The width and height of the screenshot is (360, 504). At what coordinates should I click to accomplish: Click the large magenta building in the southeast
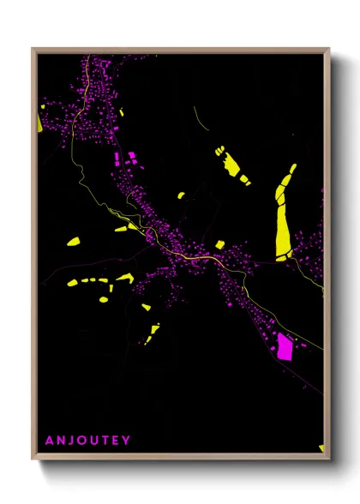[284, 347]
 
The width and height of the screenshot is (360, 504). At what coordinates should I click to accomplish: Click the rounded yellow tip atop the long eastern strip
[292, 169]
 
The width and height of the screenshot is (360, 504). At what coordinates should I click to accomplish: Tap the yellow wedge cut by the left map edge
[40, 121]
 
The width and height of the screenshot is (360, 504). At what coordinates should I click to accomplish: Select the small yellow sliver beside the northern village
[122, 112]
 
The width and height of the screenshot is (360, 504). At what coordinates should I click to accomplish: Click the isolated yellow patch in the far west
[73, 243]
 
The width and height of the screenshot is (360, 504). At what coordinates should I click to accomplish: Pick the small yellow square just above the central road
[219, 245]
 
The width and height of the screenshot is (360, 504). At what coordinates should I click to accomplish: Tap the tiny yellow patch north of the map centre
[181, 195]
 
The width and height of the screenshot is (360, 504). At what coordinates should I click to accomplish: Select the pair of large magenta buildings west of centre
[123, 160]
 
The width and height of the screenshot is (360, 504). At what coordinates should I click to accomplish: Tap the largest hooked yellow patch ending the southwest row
[124, 278]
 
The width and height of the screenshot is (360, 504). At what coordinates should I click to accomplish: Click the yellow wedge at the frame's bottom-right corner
[321, 447]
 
